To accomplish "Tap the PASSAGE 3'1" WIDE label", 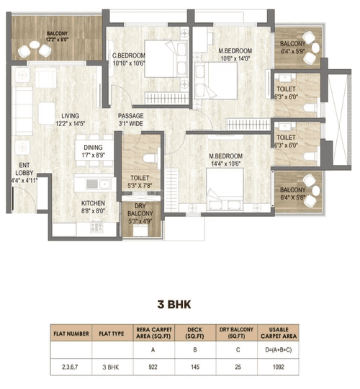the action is tap(130, 120).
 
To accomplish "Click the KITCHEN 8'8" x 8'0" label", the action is tap(93, 207).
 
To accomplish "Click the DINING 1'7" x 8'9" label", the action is tap(93, 151).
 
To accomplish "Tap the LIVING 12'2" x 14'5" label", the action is tap(71, 120).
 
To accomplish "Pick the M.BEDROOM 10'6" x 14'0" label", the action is tap(235, 55).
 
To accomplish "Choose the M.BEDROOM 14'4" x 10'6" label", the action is tap(225, 160).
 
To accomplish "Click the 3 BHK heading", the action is tap(174, 305).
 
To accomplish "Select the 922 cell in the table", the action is tap(153, 367).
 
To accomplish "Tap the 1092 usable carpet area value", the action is tap(279, 367).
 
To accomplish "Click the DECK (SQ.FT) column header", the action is tap(195, 333).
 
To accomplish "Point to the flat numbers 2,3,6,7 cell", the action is tap(70, 367).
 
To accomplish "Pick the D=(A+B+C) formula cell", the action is tap(279, 350).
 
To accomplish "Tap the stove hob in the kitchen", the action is tap(96, 228).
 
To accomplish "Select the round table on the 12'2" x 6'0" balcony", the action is tap(35, 45).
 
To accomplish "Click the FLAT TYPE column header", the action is tap(112, 334).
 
